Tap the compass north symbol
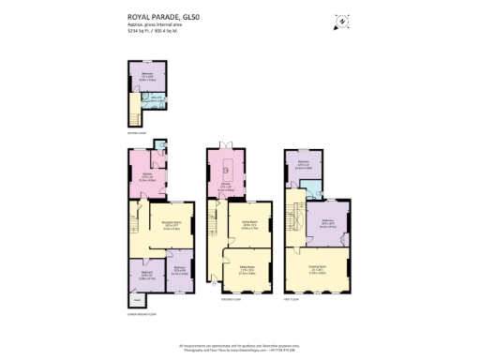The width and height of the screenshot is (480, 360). [x=341, y=20]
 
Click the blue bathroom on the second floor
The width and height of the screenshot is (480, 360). [x=157, y=99]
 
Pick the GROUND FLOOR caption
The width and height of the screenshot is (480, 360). [x=231, y=299]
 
